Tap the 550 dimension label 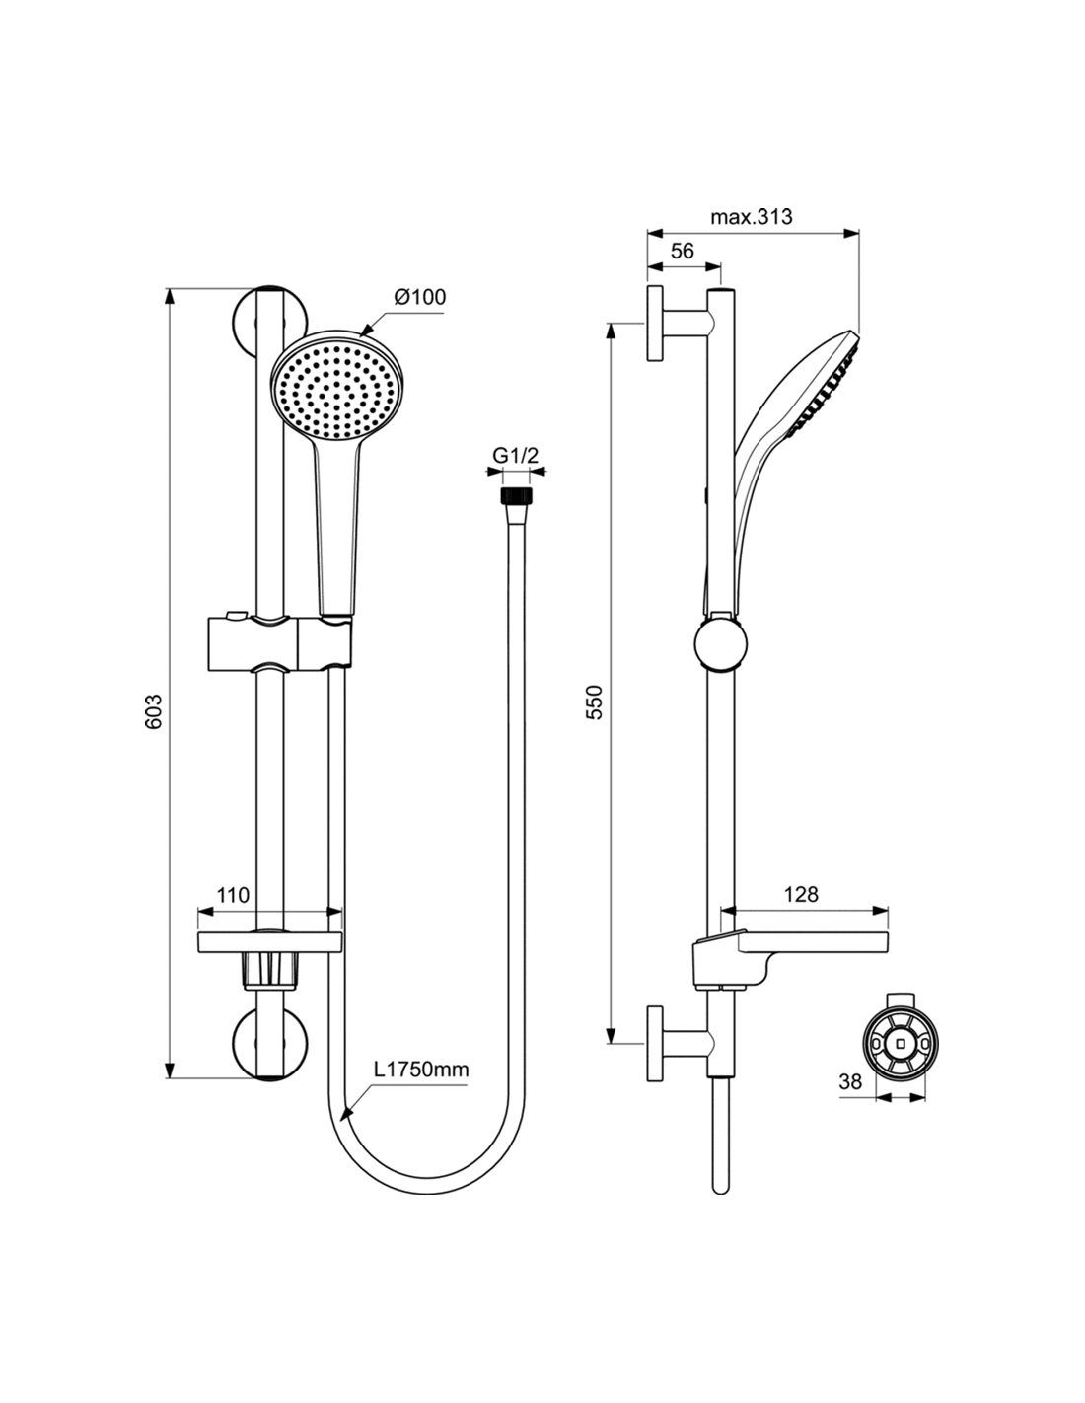594,701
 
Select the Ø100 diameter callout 419,296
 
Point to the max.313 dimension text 752,217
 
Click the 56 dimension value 682,251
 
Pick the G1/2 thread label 516,456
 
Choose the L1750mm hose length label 420,1070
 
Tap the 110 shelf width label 233,895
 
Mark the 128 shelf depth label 801,895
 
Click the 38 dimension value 850,1081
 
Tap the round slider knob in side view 721,646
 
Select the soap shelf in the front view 270,941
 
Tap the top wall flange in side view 656,325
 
